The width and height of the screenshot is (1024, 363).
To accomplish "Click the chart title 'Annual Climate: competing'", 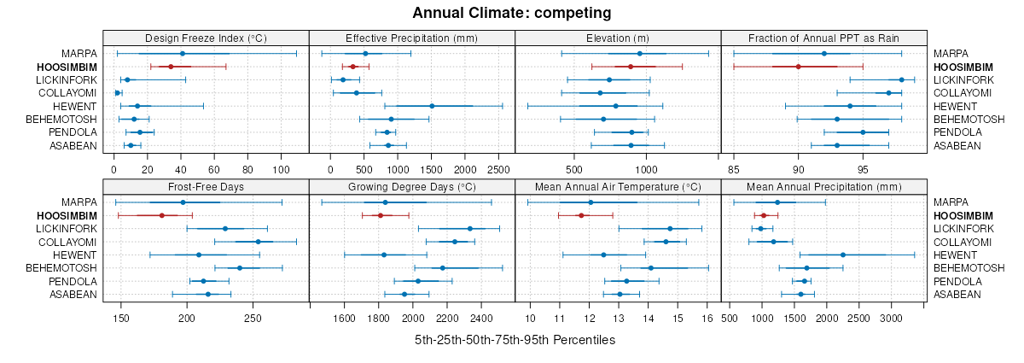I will tap(512, 13).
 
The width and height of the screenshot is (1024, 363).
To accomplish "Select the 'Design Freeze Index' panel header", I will tap(206, 38).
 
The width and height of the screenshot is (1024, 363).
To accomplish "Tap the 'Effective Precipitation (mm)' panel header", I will tap(411, 38).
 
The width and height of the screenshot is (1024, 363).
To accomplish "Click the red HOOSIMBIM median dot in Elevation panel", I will tap(631, 67).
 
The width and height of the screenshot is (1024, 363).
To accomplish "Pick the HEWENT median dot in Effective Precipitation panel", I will tap(432, 106).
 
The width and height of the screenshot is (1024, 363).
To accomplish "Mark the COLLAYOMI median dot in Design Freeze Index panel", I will tap(118, 92).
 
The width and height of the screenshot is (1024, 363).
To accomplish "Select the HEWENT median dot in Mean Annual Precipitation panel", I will tap(843, 255).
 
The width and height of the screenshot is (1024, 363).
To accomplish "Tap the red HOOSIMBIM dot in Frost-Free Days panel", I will tap(162, 215).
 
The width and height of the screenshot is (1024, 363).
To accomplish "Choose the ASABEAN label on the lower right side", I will tap(955, 295).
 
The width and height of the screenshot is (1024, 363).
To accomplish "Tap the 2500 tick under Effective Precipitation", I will tap(498, 157).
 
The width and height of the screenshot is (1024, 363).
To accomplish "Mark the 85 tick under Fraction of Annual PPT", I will tap(734, 157).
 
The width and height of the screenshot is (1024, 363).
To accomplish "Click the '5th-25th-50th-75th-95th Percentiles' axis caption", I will tap(515, 340).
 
